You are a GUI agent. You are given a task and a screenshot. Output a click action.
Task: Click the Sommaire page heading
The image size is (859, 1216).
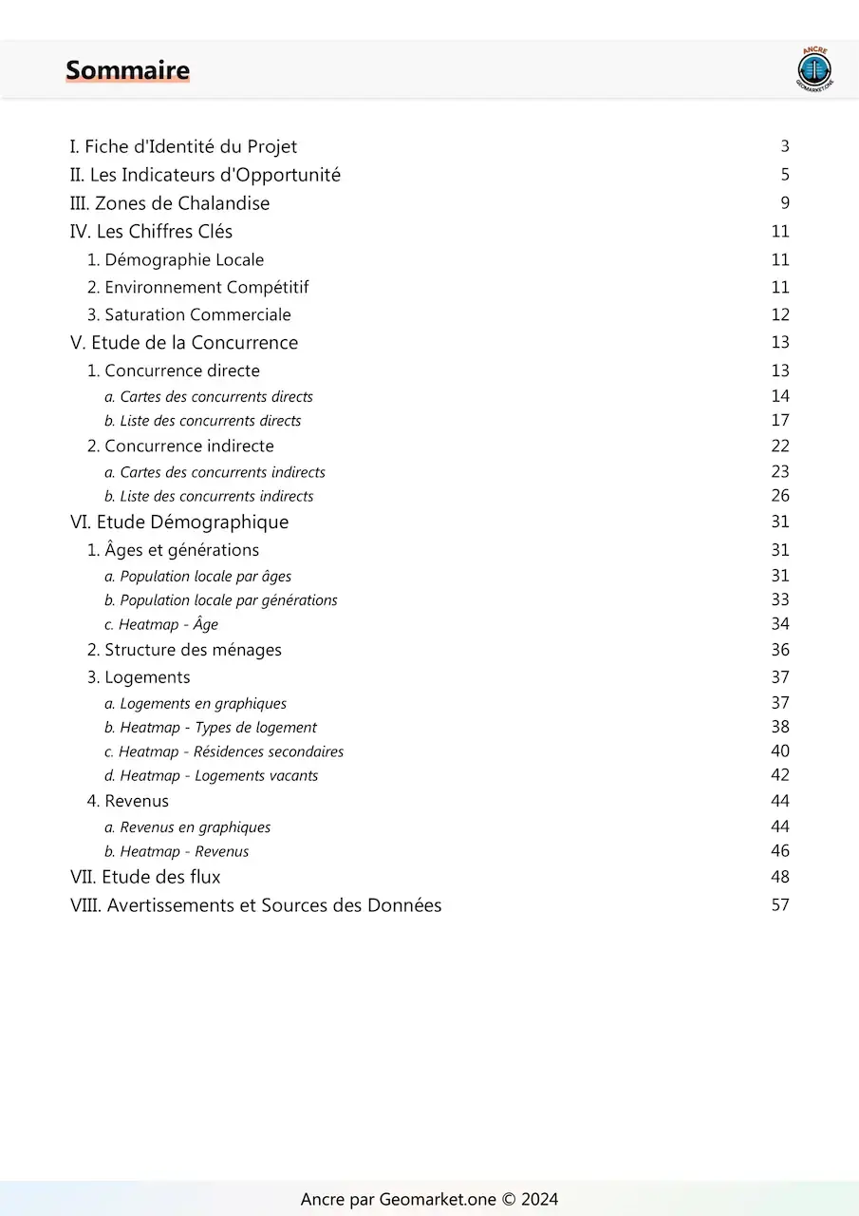(127, 70)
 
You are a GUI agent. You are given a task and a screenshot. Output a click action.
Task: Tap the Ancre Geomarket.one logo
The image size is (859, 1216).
(813, 69)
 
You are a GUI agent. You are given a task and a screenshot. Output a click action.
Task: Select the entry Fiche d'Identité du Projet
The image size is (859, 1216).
(183, 146)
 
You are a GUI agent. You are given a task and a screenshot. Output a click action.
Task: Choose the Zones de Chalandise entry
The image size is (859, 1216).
(170, 203)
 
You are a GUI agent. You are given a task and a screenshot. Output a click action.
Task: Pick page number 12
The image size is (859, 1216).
(780, 314)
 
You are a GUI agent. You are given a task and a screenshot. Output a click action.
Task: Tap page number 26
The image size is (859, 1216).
(780, 496)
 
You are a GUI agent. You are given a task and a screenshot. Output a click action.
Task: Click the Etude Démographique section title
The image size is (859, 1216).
(179, 522)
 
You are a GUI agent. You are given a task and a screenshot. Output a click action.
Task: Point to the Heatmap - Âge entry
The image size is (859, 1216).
(161, 625)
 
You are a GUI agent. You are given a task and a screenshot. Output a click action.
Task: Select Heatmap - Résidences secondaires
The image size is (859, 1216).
(224, 751)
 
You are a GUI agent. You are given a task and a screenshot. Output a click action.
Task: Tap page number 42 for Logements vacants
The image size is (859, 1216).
(780, 775)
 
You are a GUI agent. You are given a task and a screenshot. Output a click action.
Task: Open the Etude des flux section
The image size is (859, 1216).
(145, 877)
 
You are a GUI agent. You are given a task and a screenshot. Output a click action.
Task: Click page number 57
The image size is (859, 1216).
(780, 905)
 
